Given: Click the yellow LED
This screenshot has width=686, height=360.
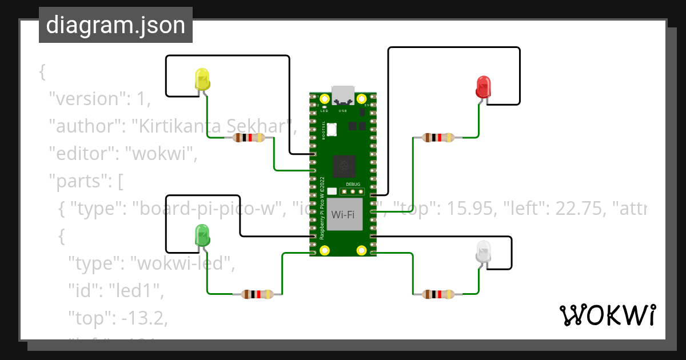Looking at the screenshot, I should (x=202, y=79).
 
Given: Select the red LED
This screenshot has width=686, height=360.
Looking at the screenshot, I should (x=484, y=86).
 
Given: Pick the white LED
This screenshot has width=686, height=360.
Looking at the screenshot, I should (x=483, y=252).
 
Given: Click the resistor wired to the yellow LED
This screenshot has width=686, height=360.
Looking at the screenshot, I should (x=250, y=138).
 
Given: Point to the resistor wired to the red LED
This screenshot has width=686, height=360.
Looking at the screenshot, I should (x=437, y=137).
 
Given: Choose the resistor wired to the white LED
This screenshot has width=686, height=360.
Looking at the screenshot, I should (x=438, y=294).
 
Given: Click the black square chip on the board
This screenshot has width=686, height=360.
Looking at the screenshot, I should (x=344, y=166).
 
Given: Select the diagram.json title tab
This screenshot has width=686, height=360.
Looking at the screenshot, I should (x=115, y=25).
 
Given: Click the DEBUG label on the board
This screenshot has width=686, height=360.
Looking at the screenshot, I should (x=353, y=184).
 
